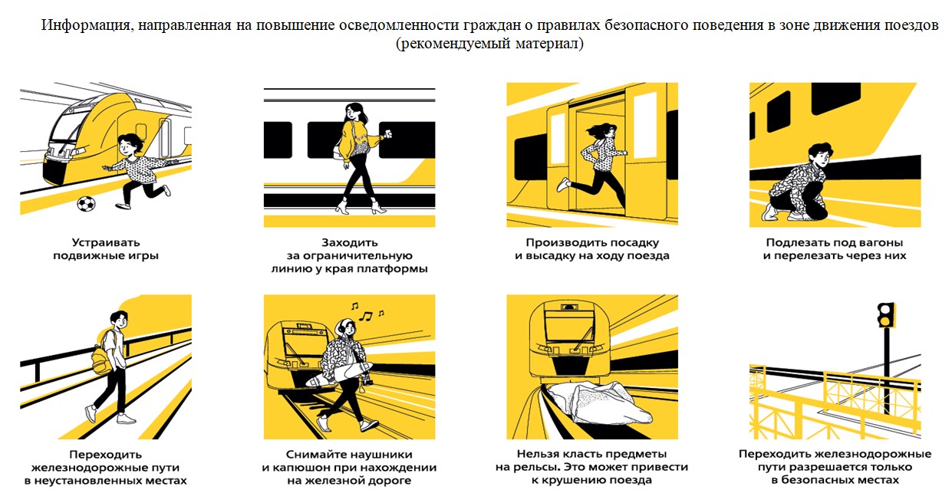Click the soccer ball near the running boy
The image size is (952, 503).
(86, 203)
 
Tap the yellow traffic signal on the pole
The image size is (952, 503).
(887, 315)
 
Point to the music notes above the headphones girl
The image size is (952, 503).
(367, 312)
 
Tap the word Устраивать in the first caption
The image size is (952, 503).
(106, 242)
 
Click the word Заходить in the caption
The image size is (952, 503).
(349, 242)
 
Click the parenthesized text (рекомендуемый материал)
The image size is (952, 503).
(489, 44)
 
